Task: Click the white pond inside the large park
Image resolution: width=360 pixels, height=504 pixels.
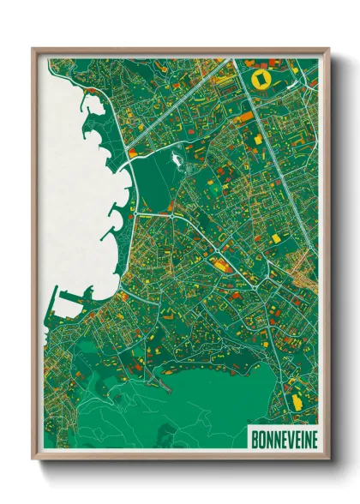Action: coord(178,158)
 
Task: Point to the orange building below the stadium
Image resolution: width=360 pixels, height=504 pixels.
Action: coord(245,116)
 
